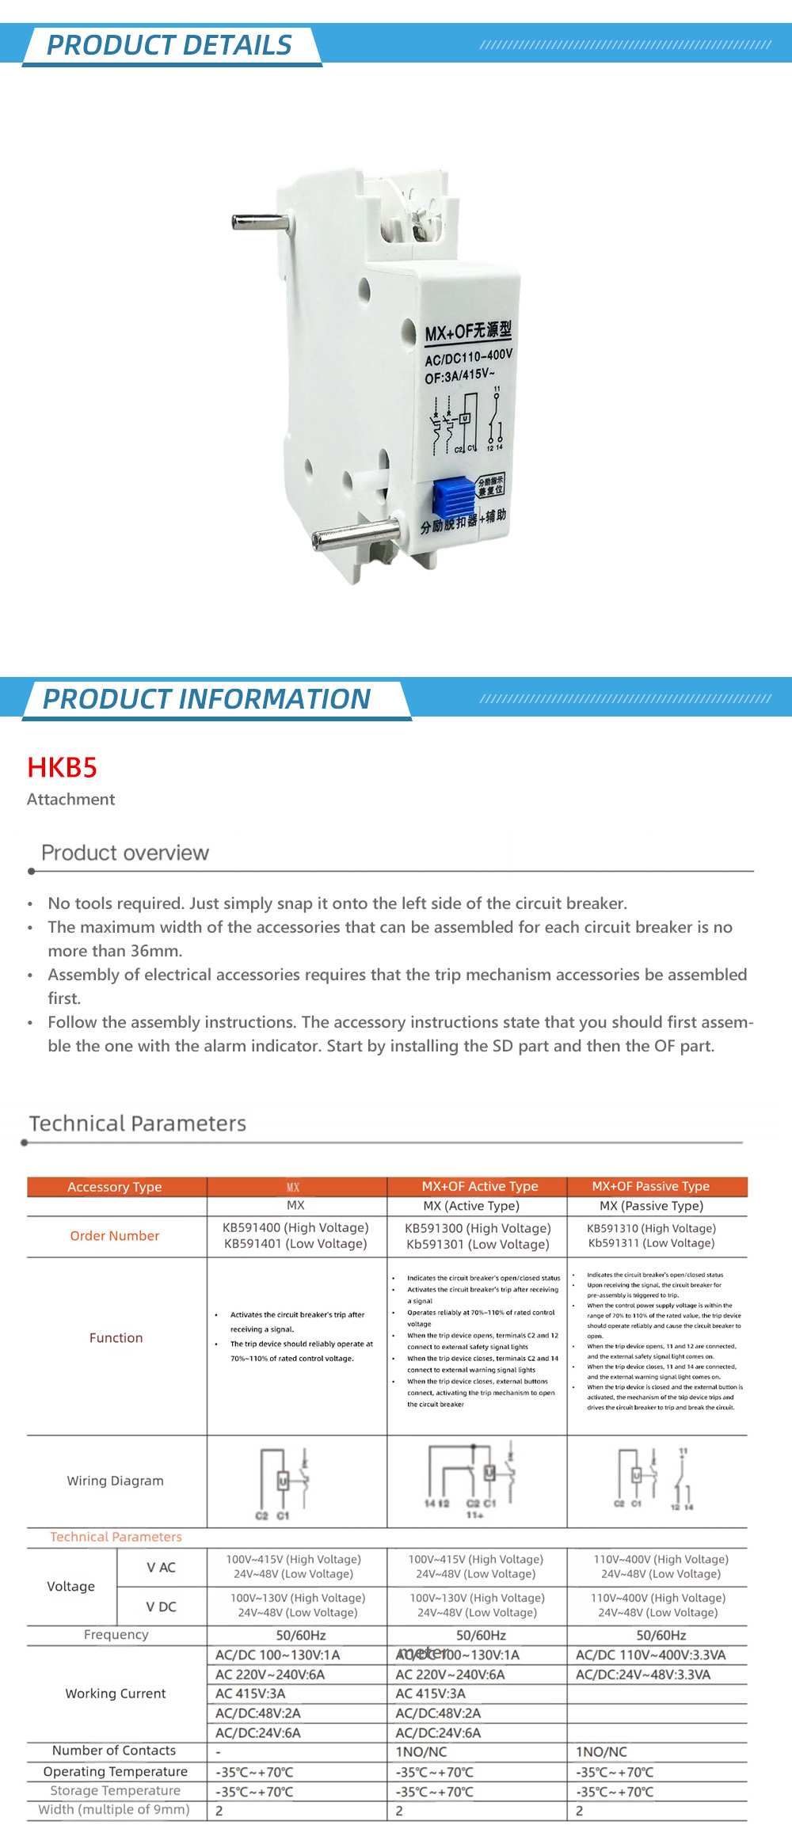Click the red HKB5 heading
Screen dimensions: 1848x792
tap(62, 767)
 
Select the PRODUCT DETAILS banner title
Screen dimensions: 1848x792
tap(169, 45)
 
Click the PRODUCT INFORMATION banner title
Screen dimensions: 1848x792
tap(207, 699)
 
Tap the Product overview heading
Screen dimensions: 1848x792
tap(125, 853)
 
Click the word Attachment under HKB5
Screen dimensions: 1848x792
tap(71, 800)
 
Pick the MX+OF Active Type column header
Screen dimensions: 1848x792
tap(479, 1186)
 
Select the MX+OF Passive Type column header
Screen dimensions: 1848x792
tap(650, 1186)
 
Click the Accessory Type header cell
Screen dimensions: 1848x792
tap(115, 1187)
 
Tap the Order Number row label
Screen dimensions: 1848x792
tap(115, 1236)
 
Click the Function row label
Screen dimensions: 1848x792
tap(116, 1338)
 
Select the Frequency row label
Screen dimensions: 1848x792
tap(116, 1634)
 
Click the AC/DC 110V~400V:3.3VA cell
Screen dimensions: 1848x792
tap(650, 1655)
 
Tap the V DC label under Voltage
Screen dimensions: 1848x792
tap(161, 1607)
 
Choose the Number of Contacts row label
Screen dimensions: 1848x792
tap(114, 1751)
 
